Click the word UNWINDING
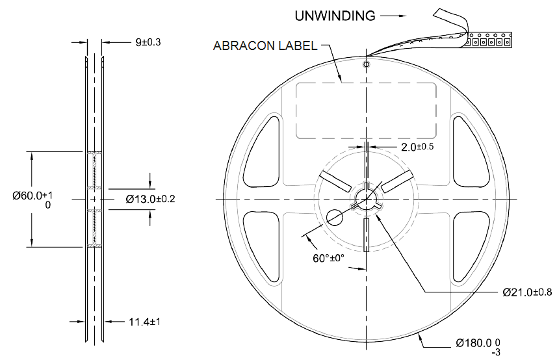click(335, 16)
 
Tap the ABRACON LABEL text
click(265, 46)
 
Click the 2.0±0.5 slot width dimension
click(417, 147)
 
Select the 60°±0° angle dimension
click(328, 258)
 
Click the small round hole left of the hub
click(335, 217)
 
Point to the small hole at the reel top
click(367, 64)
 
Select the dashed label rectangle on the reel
click(366, 110)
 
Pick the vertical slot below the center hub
click(367, 235)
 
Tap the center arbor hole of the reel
click(367, 199)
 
